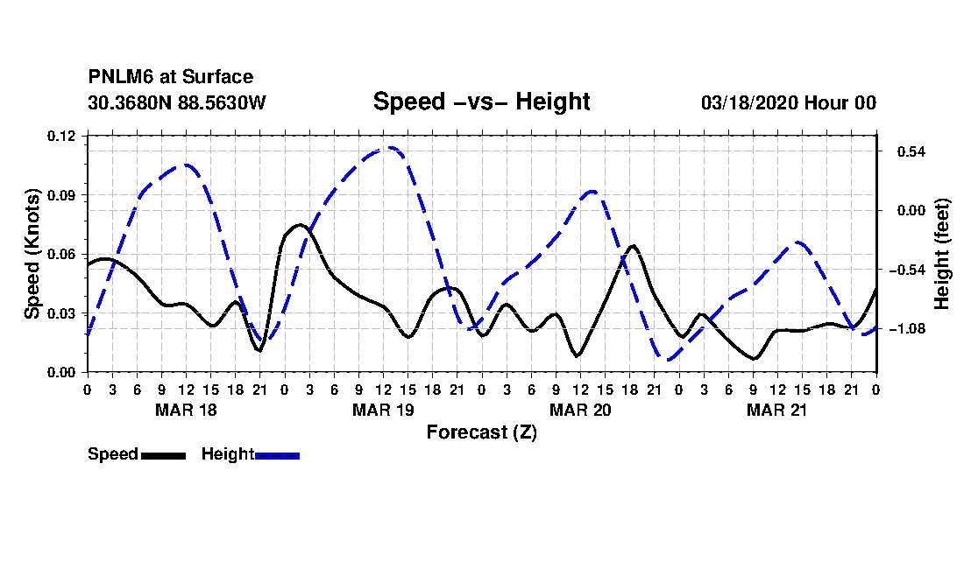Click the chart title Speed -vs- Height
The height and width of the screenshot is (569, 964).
[481, 102]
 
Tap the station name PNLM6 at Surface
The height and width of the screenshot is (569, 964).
[171, 77]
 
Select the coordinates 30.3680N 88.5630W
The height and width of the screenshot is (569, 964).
[177, 102]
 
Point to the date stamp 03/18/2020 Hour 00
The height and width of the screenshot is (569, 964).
[789, 102]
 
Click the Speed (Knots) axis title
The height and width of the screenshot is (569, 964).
[32, 254]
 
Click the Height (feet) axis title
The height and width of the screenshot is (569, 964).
[942, 254]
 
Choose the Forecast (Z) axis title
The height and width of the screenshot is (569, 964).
[481, 432]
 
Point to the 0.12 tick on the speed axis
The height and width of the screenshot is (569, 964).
[61, 136]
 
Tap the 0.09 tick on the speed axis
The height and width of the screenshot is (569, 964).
[61, 195]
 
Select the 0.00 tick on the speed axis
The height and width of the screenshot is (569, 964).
[61, 373]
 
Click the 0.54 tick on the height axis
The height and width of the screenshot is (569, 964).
[911, 151]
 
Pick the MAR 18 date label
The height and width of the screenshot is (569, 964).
[187, 410]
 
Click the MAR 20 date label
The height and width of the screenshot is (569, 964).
[580, 410]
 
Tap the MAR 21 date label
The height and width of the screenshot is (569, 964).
[776, 410]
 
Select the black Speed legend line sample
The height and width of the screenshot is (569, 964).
[164, 455]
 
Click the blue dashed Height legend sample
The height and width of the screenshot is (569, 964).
[277, 455]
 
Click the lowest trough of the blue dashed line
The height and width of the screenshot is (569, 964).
[669, 360]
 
